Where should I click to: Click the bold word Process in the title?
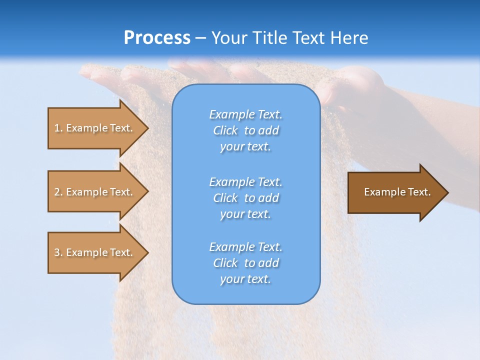pyautogui.click(x=157, y=38)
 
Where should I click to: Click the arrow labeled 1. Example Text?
pyautogui.click(x=95, y=128)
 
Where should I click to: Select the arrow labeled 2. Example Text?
pyautogui.click(x=95, y=192)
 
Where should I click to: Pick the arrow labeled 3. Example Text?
pyautogui.click(x=95, y=252)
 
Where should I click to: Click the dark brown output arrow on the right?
pyautogui.click(x=395, y=192)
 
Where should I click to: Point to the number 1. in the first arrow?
pyautogui.click(x=58, y=128)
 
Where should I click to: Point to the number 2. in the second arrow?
pyautogui.click(x=58, y=192)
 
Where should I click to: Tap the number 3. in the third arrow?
pyautogui.click(x=58, y=252)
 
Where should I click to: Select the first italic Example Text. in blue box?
pyautogui.click(x=245, y=114)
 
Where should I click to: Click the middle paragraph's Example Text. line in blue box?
pyautogui.click(x=245, y=181)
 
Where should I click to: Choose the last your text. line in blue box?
pyautogui.click(x=245, y=279)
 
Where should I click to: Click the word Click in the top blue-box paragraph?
pyautogui.click(x=225, y=130)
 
